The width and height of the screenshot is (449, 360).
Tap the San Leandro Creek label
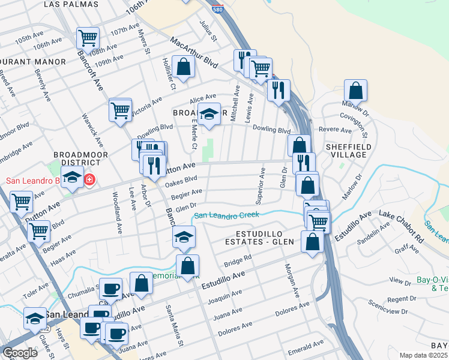226,215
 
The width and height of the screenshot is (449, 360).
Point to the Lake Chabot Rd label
402,223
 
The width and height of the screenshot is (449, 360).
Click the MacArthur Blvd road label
193,52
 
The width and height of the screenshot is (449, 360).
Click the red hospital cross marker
89,179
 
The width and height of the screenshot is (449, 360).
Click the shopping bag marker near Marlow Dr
355,91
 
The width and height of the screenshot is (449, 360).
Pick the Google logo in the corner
20,352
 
